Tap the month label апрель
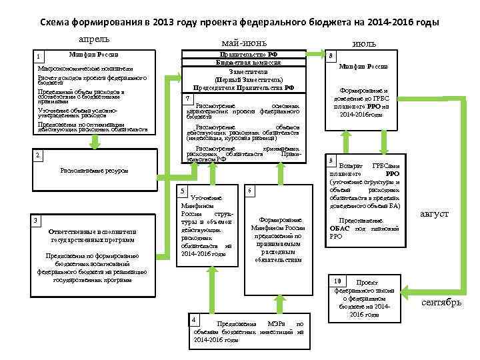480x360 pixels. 93,39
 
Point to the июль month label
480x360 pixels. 363,43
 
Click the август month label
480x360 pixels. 433,214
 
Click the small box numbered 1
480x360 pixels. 40,55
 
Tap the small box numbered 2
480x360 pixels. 39,155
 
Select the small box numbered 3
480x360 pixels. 39,221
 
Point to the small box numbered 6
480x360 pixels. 249,191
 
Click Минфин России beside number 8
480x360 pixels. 363,67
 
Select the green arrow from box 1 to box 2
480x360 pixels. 97,142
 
